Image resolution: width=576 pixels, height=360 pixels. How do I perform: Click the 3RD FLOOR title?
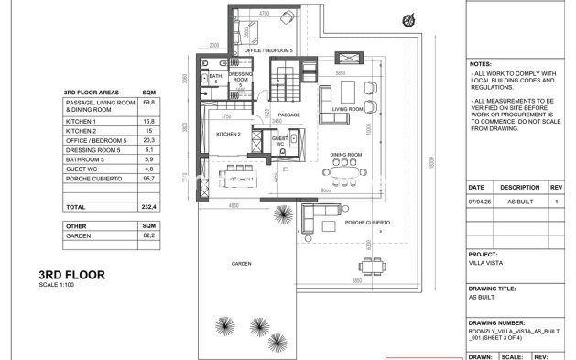point(72,274)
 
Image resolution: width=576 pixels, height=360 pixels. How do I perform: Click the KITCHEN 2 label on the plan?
point(228,135)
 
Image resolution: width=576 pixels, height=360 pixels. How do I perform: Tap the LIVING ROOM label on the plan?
point(348,107)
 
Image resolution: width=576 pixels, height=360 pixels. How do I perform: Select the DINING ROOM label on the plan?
point(347,154)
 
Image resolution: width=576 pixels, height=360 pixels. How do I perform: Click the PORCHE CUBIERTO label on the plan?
point(366,223)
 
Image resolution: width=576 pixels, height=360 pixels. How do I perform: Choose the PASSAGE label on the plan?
point(289,115)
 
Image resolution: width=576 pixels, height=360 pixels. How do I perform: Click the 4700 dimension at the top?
point(265,13)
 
